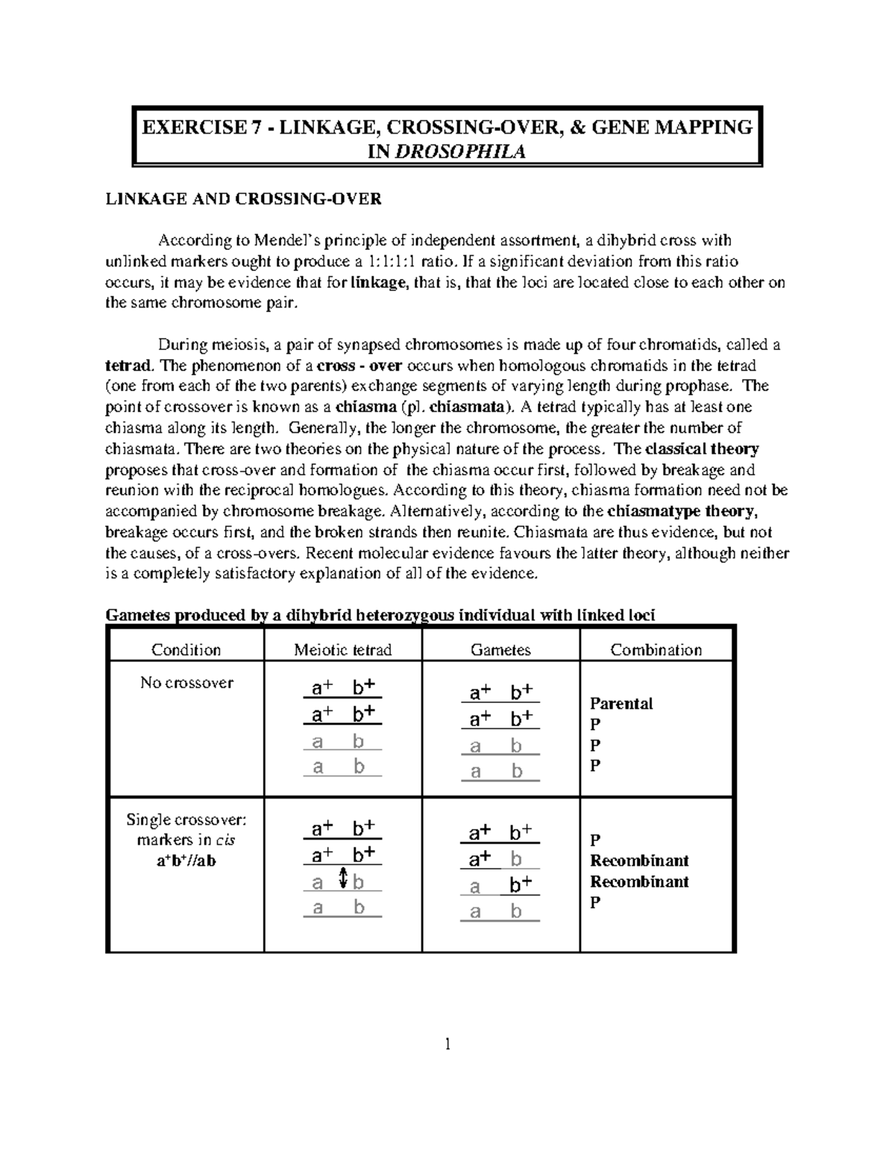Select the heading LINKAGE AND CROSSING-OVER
click(x=243, y=199)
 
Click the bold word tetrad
click(x=128, y=366)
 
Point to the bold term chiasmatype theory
click(x=683, y=512)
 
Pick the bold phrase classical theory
click(x=702, y=449)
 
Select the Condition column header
click(x=186, y=650)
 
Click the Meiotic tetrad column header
click(x=342, y=650)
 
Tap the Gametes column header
click(x=500, y=650)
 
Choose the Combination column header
click(x=656, y=650)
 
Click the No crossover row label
click(x=186, y=683)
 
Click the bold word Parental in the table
click(x=621, y=704)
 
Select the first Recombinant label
click(x=639, y=860)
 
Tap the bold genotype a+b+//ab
click(x=186, y=861)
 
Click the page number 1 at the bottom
click(x=447, y=1045)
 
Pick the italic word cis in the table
click(x=224, y=840)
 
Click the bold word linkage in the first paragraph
click(x=379, y=283)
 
